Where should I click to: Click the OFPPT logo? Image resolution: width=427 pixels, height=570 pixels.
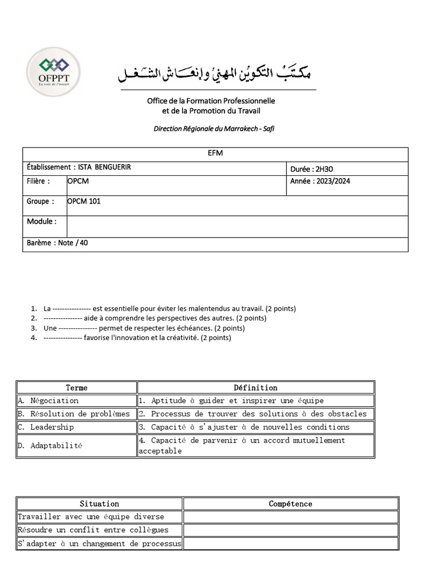click(x=53, y=73)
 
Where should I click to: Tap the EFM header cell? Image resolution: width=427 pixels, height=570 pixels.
click(x=215, y=154)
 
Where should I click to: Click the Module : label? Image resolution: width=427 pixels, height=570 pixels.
click(x=42, y=222)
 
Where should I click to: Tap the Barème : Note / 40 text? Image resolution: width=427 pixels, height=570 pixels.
click(x=57, y=243)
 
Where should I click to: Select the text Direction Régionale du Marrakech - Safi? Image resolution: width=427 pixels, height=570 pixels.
click(x=213, y=129)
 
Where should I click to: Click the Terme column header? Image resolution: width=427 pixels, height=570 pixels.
click(x=77, y=387)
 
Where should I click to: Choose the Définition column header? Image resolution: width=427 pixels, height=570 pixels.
click(x=256, y=387)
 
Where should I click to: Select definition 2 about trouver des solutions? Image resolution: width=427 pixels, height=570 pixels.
click(x=256, y=414)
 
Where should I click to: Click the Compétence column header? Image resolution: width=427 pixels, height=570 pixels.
click(x=290, y=504)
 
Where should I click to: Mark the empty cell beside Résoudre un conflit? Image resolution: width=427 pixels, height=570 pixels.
click(x=290, y=530)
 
